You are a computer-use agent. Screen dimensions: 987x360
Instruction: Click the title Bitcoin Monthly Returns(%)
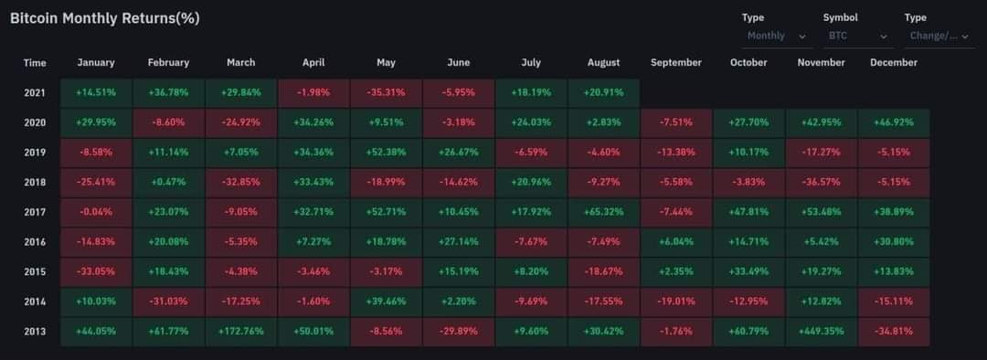click(104, 19)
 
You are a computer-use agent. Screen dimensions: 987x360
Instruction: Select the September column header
click(676, 63)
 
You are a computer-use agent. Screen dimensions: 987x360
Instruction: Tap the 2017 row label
click(35, 212)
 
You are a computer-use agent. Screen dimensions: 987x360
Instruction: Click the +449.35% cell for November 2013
click(822, 332)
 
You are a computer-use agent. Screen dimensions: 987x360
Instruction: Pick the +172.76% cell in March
click(241, 332)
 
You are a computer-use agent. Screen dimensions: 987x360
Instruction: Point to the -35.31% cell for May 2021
click(386, 92)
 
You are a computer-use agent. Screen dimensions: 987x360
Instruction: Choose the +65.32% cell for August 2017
click(604, 212)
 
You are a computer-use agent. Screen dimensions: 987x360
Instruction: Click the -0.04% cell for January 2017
click(96, 212)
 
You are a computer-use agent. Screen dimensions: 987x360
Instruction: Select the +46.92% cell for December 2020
click(894, 122)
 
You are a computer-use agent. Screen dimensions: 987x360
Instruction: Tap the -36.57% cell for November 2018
click(822, 182)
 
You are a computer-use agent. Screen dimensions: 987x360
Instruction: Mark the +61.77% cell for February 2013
click(168, 332)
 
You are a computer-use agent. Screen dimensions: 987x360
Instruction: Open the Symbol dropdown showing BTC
click(858, 37)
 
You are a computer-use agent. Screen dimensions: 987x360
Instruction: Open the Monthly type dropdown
click(777, 37)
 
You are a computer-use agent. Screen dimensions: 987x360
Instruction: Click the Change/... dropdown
click(939, 37)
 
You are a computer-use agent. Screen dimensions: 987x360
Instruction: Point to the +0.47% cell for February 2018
click(168, 182)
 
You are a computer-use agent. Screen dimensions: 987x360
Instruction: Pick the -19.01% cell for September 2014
click(676, 302)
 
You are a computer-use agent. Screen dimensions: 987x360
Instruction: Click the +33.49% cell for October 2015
click(749, 272)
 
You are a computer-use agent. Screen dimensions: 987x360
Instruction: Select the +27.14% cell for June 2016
click(458, 242)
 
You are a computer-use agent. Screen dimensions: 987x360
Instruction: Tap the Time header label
click(35, 63)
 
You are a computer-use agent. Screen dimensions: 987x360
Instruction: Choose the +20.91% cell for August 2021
click(604, 92)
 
